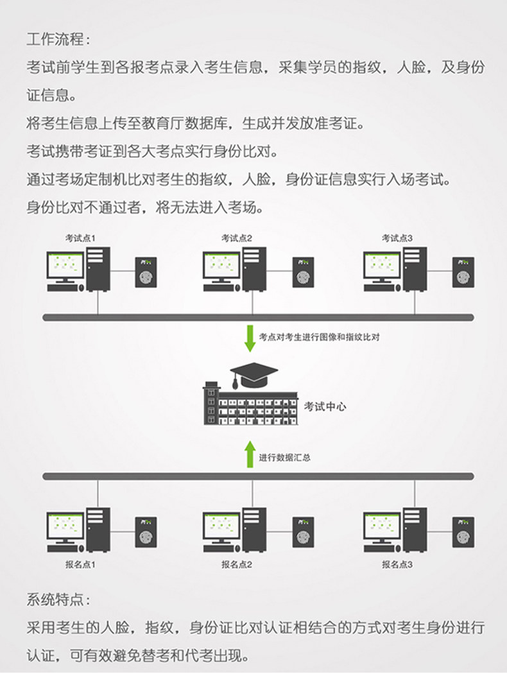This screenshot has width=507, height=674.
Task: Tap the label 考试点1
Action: (81, 238)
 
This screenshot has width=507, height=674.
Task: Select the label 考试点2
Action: (237, 238)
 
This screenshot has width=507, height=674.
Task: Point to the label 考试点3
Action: (397, 238)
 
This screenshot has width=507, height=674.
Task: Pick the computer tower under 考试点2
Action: (254, 268)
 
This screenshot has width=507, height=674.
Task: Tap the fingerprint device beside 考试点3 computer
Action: (463, 272)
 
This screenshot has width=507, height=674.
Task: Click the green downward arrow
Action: (250, 338)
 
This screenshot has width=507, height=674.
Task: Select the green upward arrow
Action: (250, 454)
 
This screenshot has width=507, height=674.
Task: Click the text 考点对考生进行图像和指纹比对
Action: (319, 336)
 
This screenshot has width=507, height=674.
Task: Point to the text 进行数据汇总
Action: (286, 458)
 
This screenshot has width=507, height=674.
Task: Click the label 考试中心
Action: (326, 406)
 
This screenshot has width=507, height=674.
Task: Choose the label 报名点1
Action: (81, 565)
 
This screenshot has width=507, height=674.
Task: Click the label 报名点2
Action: (237, 565)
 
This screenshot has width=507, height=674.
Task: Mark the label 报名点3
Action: (397, 565)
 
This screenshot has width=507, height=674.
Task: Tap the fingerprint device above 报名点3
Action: (463, 532)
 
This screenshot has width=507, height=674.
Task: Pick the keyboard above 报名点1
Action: (65, 549)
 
